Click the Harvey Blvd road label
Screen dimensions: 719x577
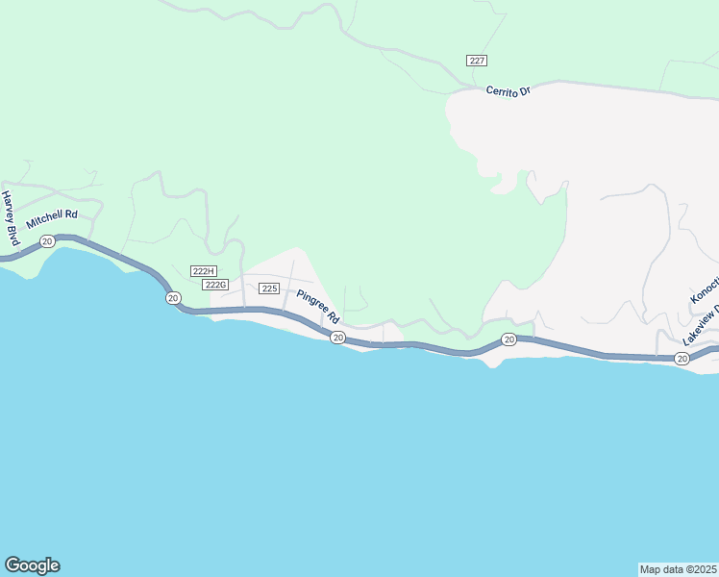pyautogui.click(x=11, y=217)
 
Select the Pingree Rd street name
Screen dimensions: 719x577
pyautogui.click(x=318, y=306)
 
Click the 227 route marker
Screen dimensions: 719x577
pyautogui.click(x=477, y=61)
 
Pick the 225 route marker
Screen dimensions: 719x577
pyautogui.click(x=269, y=288)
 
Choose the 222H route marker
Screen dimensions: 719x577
pyautogui.click(x=204, y=271)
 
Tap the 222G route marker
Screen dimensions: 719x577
pyautogui.click(x=215, y=285)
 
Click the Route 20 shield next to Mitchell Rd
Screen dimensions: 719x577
pyautogui.click(x=46, y=241)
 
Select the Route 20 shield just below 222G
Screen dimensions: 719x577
pyautogui.click(x=173, y=298)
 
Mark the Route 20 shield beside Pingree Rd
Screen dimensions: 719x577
pyautogui.click(x=338, y=337)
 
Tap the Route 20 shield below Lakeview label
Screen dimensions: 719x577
pyautogui.click(x=682, y=359)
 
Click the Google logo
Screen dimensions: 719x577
pyautogui.click(x=32, y=565)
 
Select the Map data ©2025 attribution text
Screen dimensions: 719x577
pyautogui.click(x=678, y=568)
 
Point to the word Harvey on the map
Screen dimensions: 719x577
pyautogui.click(x=8, y=208)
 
